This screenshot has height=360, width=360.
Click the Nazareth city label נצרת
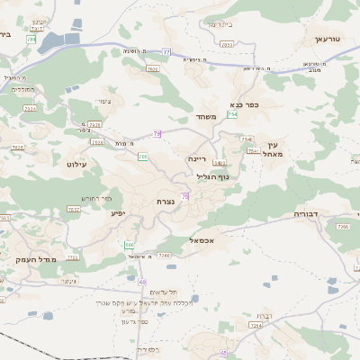click(x=165, y=201)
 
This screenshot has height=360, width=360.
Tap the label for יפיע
click(x=117, y=213)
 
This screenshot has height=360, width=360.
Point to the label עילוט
click(x=76, y=165)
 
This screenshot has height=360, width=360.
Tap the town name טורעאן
click(x=329, y=40)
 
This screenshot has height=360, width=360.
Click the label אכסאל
click(x=202, y=240)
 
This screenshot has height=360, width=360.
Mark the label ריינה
click(x=197, y=157)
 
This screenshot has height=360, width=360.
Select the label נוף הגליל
click(x=212, y=176)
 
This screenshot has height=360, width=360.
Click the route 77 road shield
click(x=166, y=52)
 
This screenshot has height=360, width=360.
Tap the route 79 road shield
click(x=157, y=133)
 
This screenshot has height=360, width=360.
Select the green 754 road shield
click(x=232, y=114)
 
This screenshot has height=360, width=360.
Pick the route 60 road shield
click(x=142, y=282)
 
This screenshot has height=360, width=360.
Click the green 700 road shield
click(x=143, y=157)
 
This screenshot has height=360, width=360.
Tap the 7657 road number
click(x=74, y=209)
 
